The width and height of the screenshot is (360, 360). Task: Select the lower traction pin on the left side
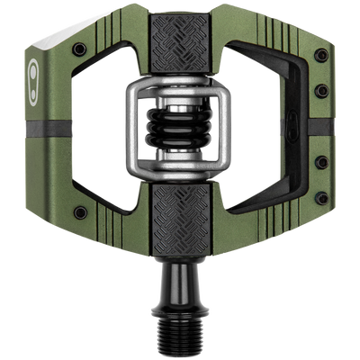click(x=81, y=213)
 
